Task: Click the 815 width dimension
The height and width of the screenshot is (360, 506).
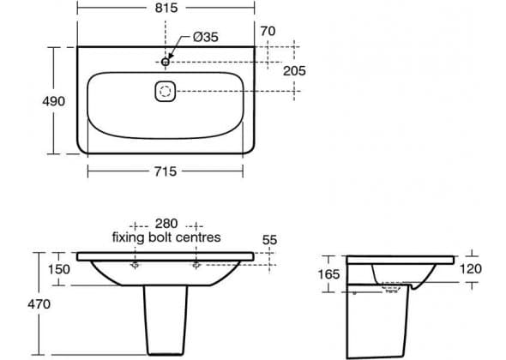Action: [x=166, y=8]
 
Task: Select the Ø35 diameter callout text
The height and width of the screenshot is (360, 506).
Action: [x=206, y=37]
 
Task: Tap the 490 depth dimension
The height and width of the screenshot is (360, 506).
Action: [x=53, y=101]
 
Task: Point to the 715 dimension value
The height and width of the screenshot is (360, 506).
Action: [x=166, y=171]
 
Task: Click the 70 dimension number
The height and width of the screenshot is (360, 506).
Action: [x=268, y=32]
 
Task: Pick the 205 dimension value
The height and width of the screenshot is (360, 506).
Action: [x=294, y=71]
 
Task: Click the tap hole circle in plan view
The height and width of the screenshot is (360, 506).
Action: [x=166, y=62]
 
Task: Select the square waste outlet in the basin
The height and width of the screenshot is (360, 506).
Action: [x=166, y=92]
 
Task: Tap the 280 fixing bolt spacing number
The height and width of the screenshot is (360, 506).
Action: [x=166, y=224]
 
